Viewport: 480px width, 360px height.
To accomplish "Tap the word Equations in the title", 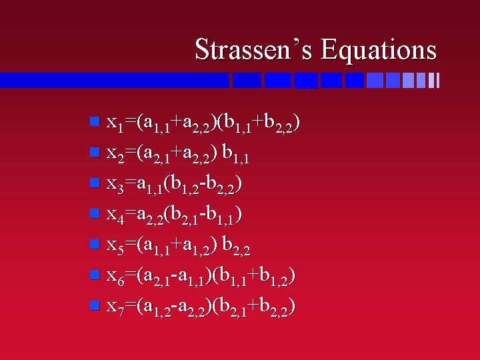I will point(378,50).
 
